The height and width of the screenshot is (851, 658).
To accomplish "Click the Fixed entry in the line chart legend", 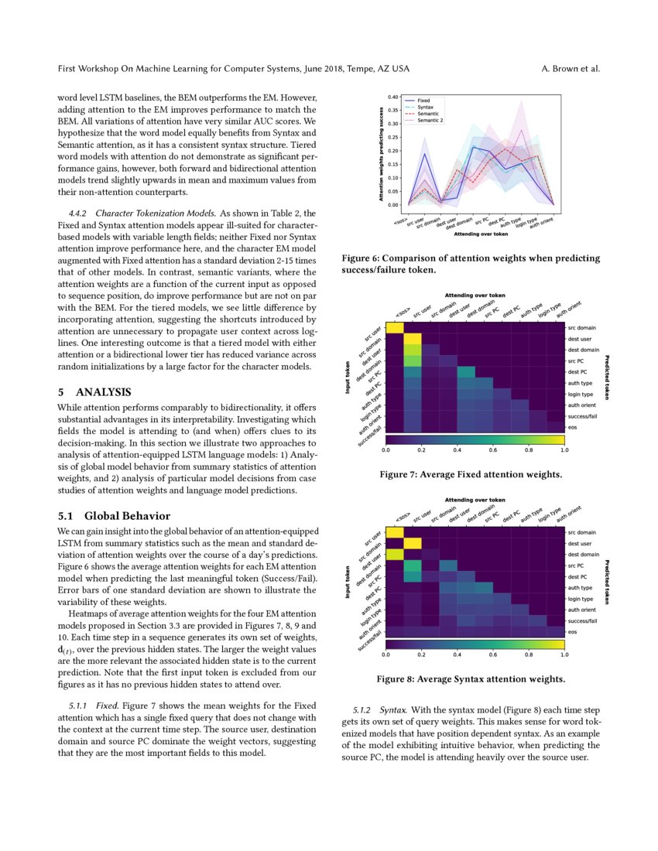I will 424,101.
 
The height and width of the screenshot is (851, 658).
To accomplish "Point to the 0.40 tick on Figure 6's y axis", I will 394,97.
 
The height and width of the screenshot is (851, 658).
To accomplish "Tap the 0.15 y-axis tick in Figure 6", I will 394,165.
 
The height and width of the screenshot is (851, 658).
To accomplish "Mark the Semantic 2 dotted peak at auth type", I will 522,132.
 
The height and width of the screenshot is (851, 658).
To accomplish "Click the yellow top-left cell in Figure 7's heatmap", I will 395,329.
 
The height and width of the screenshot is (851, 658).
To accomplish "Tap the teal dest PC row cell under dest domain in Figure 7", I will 466,372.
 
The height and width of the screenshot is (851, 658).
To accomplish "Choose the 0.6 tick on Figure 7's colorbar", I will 492,448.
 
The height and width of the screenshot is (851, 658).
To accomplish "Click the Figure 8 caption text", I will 470,679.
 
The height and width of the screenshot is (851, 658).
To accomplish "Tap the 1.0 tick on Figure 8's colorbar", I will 563,654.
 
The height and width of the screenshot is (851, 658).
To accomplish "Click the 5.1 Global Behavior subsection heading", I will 115,515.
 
